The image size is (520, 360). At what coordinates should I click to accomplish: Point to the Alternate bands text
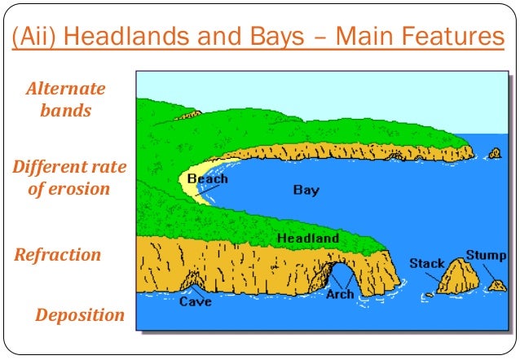(x=66, y=99)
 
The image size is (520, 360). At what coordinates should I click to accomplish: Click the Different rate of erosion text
(x=69, y=178)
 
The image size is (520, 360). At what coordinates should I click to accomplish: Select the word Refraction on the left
(x=58, y=254)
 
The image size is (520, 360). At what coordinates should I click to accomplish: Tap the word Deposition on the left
(x=80, y=315)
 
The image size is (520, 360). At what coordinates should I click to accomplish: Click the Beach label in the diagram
(x=207, y=178)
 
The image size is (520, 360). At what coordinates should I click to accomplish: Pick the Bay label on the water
(x=306, y=190)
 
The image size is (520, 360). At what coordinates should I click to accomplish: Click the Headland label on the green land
(x=307, y=238)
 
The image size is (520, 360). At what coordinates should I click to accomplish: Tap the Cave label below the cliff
(x=195, y=302)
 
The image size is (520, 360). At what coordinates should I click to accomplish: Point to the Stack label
(x=426, y=263)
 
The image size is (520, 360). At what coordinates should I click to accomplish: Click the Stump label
(x=486, y=256)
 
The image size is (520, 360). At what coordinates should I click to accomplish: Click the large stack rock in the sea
(x=457, y=277)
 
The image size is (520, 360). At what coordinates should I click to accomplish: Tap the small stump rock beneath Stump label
(x=496, y=285)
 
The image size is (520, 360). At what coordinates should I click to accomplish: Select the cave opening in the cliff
(x=193, y=282)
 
